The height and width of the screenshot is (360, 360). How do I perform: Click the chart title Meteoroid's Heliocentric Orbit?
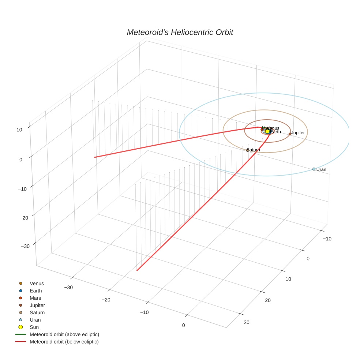180,32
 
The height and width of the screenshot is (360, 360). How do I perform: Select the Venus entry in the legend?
37,284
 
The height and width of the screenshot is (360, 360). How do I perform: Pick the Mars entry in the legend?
35,298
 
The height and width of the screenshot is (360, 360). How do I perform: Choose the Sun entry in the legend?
34,327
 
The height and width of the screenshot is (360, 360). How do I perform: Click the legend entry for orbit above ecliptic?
64,334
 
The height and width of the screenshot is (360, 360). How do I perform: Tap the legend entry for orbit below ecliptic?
64,342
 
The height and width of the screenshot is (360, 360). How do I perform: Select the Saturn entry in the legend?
37,312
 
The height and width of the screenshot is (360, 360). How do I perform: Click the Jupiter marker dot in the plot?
290,134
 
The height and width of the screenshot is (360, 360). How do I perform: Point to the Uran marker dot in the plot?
314,169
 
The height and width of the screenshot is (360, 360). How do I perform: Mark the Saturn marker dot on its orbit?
248,150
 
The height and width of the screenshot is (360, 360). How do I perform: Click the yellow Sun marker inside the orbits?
267,131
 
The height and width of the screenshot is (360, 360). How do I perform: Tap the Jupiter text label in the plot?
298,132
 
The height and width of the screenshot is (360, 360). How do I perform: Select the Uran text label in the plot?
321,169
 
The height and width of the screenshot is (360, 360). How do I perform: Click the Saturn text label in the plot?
254,150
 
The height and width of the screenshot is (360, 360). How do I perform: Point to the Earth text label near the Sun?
275,132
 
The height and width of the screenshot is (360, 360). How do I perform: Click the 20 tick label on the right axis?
268,300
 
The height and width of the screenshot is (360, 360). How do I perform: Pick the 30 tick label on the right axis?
247,322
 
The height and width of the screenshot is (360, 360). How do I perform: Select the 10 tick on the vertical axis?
19,129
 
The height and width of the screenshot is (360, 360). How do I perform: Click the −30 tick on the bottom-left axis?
68,287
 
